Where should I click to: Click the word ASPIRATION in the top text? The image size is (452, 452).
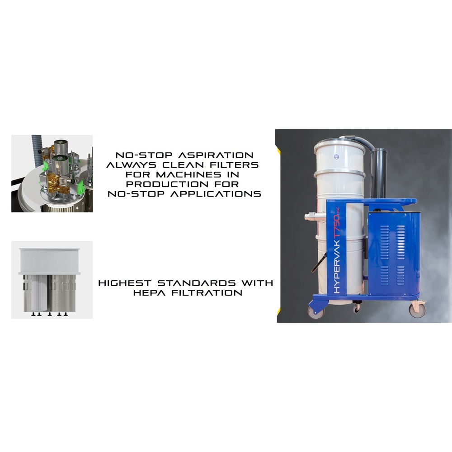click(x=216, y=155)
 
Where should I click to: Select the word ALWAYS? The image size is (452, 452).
click(x=131, y=165)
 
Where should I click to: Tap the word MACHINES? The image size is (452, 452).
click(x=188, y=174)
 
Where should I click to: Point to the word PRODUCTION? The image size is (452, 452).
click(x=167, y=184)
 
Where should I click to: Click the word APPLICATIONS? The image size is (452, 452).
click(x=216, y=194)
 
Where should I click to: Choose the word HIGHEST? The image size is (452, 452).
click(x=125, y=283)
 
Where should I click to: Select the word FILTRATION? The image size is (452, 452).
click(x=207, y=293)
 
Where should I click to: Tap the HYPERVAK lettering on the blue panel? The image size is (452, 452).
click(x=337, y=266)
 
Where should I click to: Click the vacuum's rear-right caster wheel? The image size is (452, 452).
click(x=417, y=310)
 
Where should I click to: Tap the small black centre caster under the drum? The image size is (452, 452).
click(x=357, y=308)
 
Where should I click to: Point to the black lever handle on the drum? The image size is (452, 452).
click(x=319, y=263)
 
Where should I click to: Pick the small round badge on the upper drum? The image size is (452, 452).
click(x=336, y=157)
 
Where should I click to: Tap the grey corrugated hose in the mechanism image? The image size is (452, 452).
click(x=37, y=151)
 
